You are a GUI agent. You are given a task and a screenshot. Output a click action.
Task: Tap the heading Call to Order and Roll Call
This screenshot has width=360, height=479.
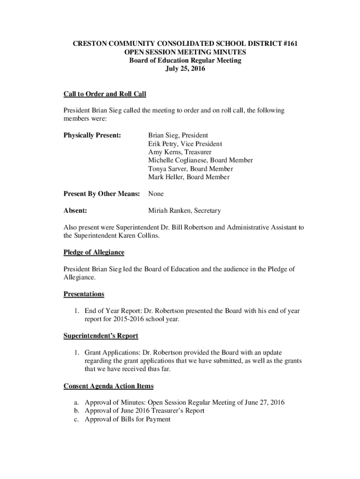pyautogui.click(x=105, y=94)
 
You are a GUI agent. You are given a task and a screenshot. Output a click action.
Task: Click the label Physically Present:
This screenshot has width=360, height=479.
pyautogui.click(x=92, y=135)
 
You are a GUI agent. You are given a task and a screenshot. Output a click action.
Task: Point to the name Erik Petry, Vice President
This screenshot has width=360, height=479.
pyautogui.click(x=185, y=144)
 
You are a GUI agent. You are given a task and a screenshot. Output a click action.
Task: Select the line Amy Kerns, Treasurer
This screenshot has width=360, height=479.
pyautogui.click(x=180, y=152)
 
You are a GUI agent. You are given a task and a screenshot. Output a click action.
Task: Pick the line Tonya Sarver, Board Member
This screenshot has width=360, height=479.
pyautogui.click(x=190, y=169)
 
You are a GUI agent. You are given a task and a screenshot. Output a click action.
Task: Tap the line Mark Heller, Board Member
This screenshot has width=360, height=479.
pyautogui.click(x=188, y=177)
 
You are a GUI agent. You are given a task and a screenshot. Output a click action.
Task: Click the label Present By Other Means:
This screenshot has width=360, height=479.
pyautogui.click(x=102, y=194)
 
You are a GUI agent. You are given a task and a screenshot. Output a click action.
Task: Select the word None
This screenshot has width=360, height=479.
pyautogui.click(x=156, y=194)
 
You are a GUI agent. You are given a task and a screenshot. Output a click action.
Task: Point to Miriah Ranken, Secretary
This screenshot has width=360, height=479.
pyautogui.click(x=184, y=211)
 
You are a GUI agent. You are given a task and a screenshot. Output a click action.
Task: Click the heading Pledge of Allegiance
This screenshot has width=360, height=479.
pyautogui.click(x=94, y=253)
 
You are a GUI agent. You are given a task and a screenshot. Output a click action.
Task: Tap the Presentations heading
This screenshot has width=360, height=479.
pyautogui.click(x=84, y=294)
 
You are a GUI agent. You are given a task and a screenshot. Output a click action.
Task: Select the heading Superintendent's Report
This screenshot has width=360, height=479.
pyautogui.click(x=101, y=336)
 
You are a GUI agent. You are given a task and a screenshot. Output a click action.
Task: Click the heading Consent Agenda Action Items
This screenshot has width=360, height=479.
pyautogui.click(x=108, y=386)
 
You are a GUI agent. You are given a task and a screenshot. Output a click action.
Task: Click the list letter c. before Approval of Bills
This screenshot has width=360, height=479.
pyautogui.click(x=76, y=420)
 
